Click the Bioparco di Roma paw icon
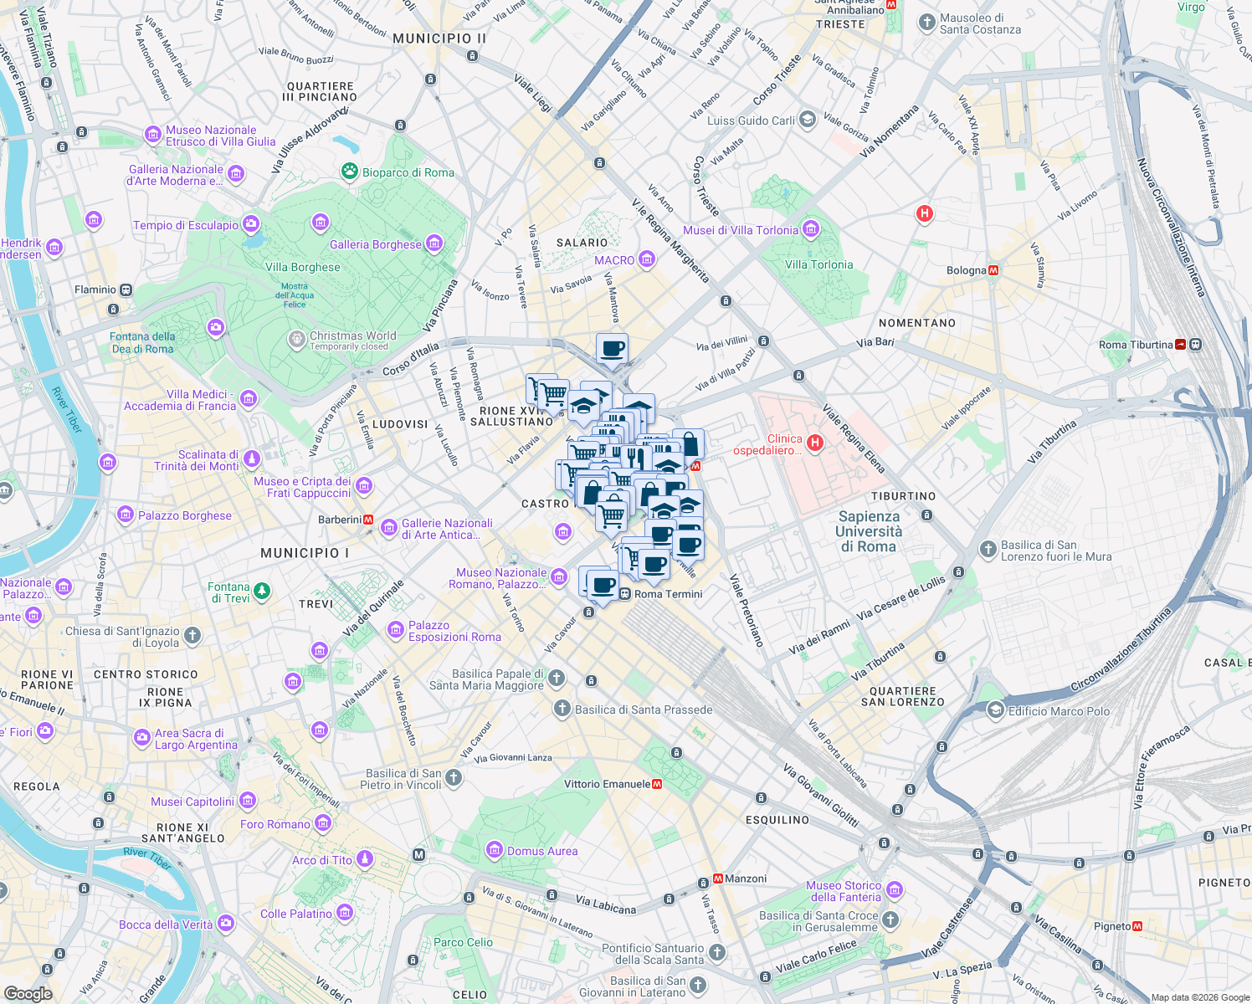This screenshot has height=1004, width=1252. (350, 172)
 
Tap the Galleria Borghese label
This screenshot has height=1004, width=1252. (376, 244)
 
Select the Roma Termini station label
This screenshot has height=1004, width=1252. (668, 594)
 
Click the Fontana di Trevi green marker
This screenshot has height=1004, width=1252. (262, 592)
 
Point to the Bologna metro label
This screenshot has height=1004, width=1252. (966, 270)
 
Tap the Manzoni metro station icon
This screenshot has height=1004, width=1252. (717, 878)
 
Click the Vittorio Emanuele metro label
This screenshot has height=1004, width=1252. (607, 784)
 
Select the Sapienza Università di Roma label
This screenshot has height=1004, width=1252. (869, 532)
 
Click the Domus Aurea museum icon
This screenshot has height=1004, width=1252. (495, 851)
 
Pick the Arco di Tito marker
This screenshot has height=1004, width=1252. (364, 859)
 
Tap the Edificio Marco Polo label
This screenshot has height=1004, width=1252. (1059, 711)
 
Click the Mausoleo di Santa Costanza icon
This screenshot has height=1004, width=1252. (926, 23)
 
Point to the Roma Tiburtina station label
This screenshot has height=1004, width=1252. (1135, 345)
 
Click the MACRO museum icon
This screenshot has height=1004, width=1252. (646, 259)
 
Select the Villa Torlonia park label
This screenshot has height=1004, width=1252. (818, 264)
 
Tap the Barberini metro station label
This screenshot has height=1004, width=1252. (340, 520)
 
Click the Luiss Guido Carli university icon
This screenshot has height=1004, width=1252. (807, 120)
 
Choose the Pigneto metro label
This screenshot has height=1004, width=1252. (1111, 926)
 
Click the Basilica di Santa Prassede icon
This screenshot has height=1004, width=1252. (562, 709)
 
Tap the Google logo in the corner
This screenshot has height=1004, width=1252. (28, 993)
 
